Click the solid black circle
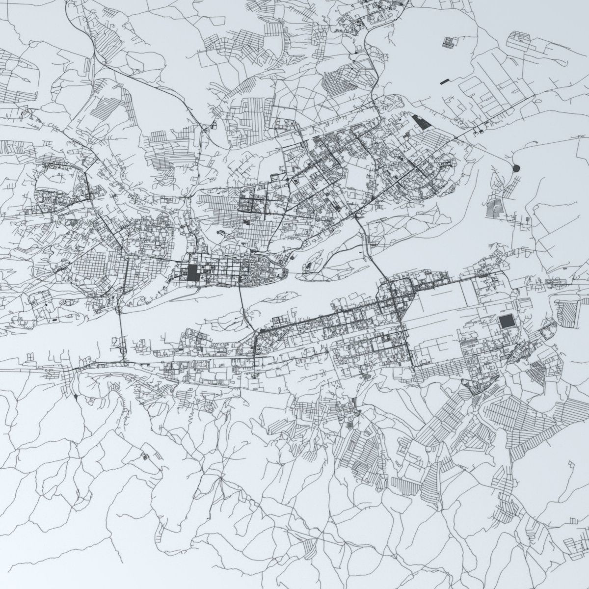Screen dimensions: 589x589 [515, 168]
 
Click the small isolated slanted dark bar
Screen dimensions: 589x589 [445, 80]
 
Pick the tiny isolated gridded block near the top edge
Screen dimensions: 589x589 [449, 42]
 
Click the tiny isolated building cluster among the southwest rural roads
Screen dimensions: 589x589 [145, 457]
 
